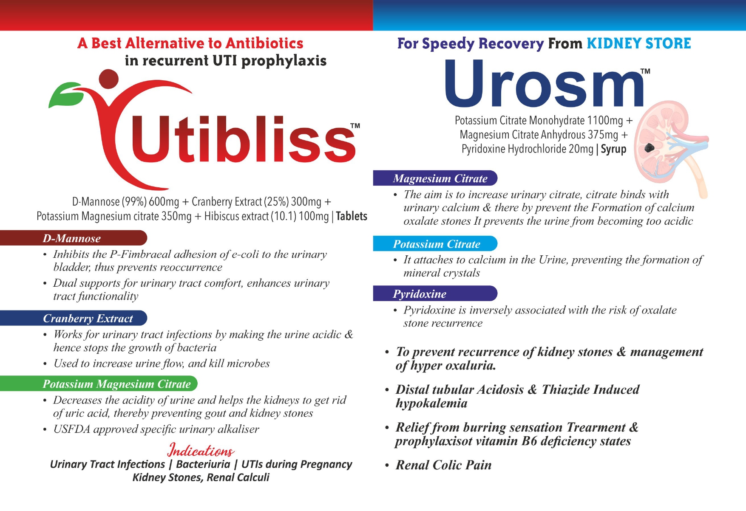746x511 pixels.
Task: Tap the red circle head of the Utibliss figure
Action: (109, 79)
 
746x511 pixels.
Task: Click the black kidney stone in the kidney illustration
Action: (649, 147)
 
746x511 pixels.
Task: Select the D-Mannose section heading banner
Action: (74, 238)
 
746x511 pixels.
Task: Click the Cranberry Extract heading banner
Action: (74, 318)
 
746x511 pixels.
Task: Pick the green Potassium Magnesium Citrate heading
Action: (99, 384)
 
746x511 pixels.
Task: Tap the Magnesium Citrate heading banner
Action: (435, 178)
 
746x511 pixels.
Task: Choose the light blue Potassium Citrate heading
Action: (435, 243)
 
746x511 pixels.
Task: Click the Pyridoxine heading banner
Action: (435, 294)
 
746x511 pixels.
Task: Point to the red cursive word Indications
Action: (201, 450)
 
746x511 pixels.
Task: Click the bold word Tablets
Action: (352, 216)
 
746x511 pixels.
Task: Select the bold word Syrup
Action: (613, 149)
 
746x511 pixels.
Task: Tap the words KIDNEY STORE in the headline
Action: (639, 43)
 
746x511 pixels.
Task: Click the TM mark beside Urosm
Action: (645, 71)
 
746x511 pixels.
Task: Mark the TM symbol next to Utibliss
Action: (355, 126)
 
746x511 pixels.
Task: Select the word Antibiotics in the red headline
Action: (264, 43)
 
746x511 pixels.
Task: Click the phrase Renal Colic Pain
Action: (443, 465)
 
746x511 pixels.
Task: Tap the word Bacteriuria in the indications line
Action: (203, 464)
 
